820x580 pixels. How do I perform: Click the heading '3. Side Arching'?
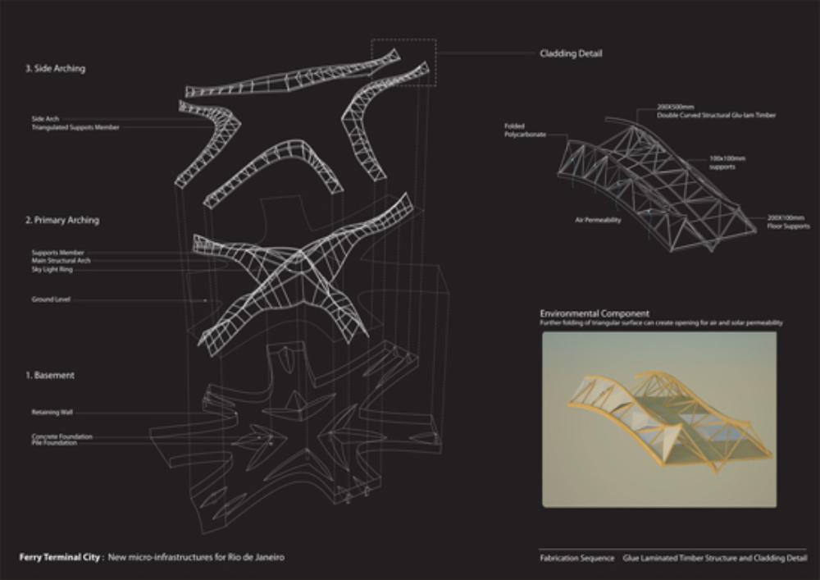pyautogui.click(x=55, y=69)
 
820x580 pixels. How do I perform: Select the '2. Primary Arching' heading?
pyautogui.click(x=62, y=221)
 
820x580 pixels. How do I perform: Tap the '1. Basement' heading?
pyautogui.click(x=49, y=375)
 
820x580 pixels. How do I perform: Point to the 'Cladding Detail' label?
pyautogui.click(x=571, y=54)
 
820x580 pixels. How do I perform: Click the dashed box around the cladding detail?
pyautogui.click(x=403, y=62)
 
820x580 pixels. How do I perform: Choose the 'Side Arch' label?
pyautogui.click(x=45, y=119)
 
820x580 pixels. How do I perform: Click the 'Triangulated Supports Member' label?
pyautogui.click(x=75, y=127)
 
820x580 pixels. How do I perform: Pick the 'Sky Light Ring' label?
pyautogui.click(x=52, y=267)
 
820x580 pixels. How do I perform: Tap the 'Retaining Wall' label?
pyautogui.click(x=52, y=413)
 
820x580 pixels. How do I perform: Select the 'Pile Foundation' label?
pyautogui.click(x=54, y=443)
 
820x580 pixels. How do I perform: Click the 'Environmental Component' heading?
pyautogui.click(x=594, y=313)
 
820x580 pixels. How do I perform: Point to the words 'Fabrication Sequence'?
pyautogui.click(x=576, y=558)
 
